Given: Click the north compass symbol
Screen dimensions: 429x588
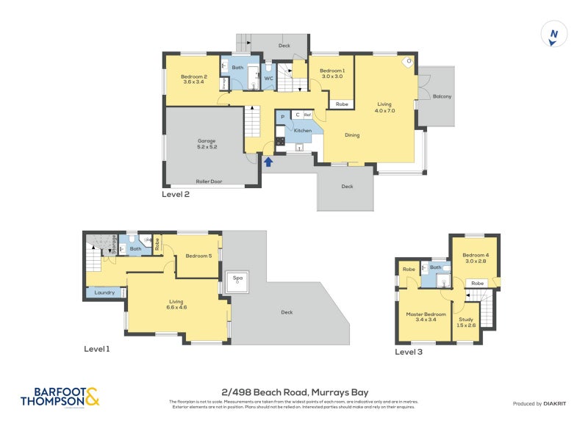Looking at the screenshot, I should [553, 35].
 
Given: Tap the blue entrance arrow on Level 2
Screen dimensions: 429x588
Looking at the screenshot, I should [269, 161].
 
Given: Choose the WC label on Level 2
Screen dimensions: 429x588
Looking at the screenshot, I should [268, 78].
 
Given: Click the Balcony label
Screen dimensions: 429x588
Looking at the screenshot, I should [442, 96].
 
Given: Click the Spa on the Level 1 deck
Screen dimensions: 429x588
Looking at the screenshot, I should [237, 281].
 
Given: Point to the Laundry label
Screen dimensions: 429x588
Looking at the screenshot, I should [104, 293].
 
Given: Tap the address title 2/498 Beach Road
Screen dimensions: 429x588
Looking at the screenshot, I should [294, 392].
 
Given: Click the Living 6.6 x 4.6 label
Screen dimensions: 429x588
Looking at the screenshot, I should [176, 303].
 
